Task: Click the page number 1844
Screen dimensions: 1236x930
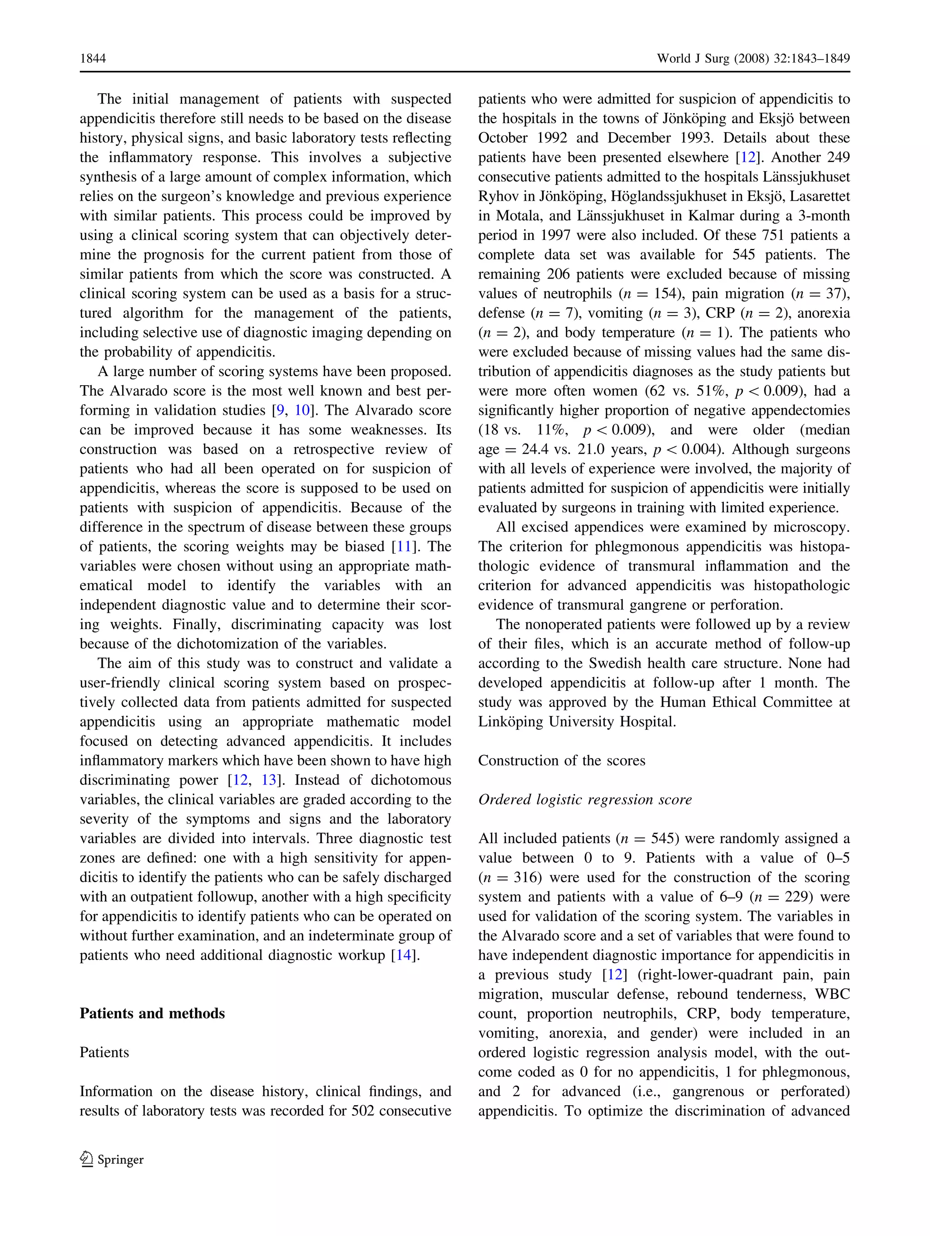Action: point(93,59)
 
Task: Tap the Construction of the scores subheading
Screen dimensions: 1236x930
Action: point(561,760)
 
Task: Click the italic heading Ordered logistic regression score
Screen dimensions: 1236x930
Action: point(585,799)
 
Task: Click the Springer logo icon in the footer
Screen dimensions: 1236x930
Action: point(87,1159)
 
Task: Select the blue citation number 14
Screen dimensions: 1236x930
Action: point(404,955)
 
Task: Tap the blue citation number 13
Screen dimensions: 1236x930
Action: point(269,780)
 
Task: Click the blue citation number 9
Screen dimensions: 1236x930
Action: point(280,410)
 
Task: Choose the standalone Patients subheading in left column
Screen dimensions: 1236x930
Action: point(104,1052)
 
